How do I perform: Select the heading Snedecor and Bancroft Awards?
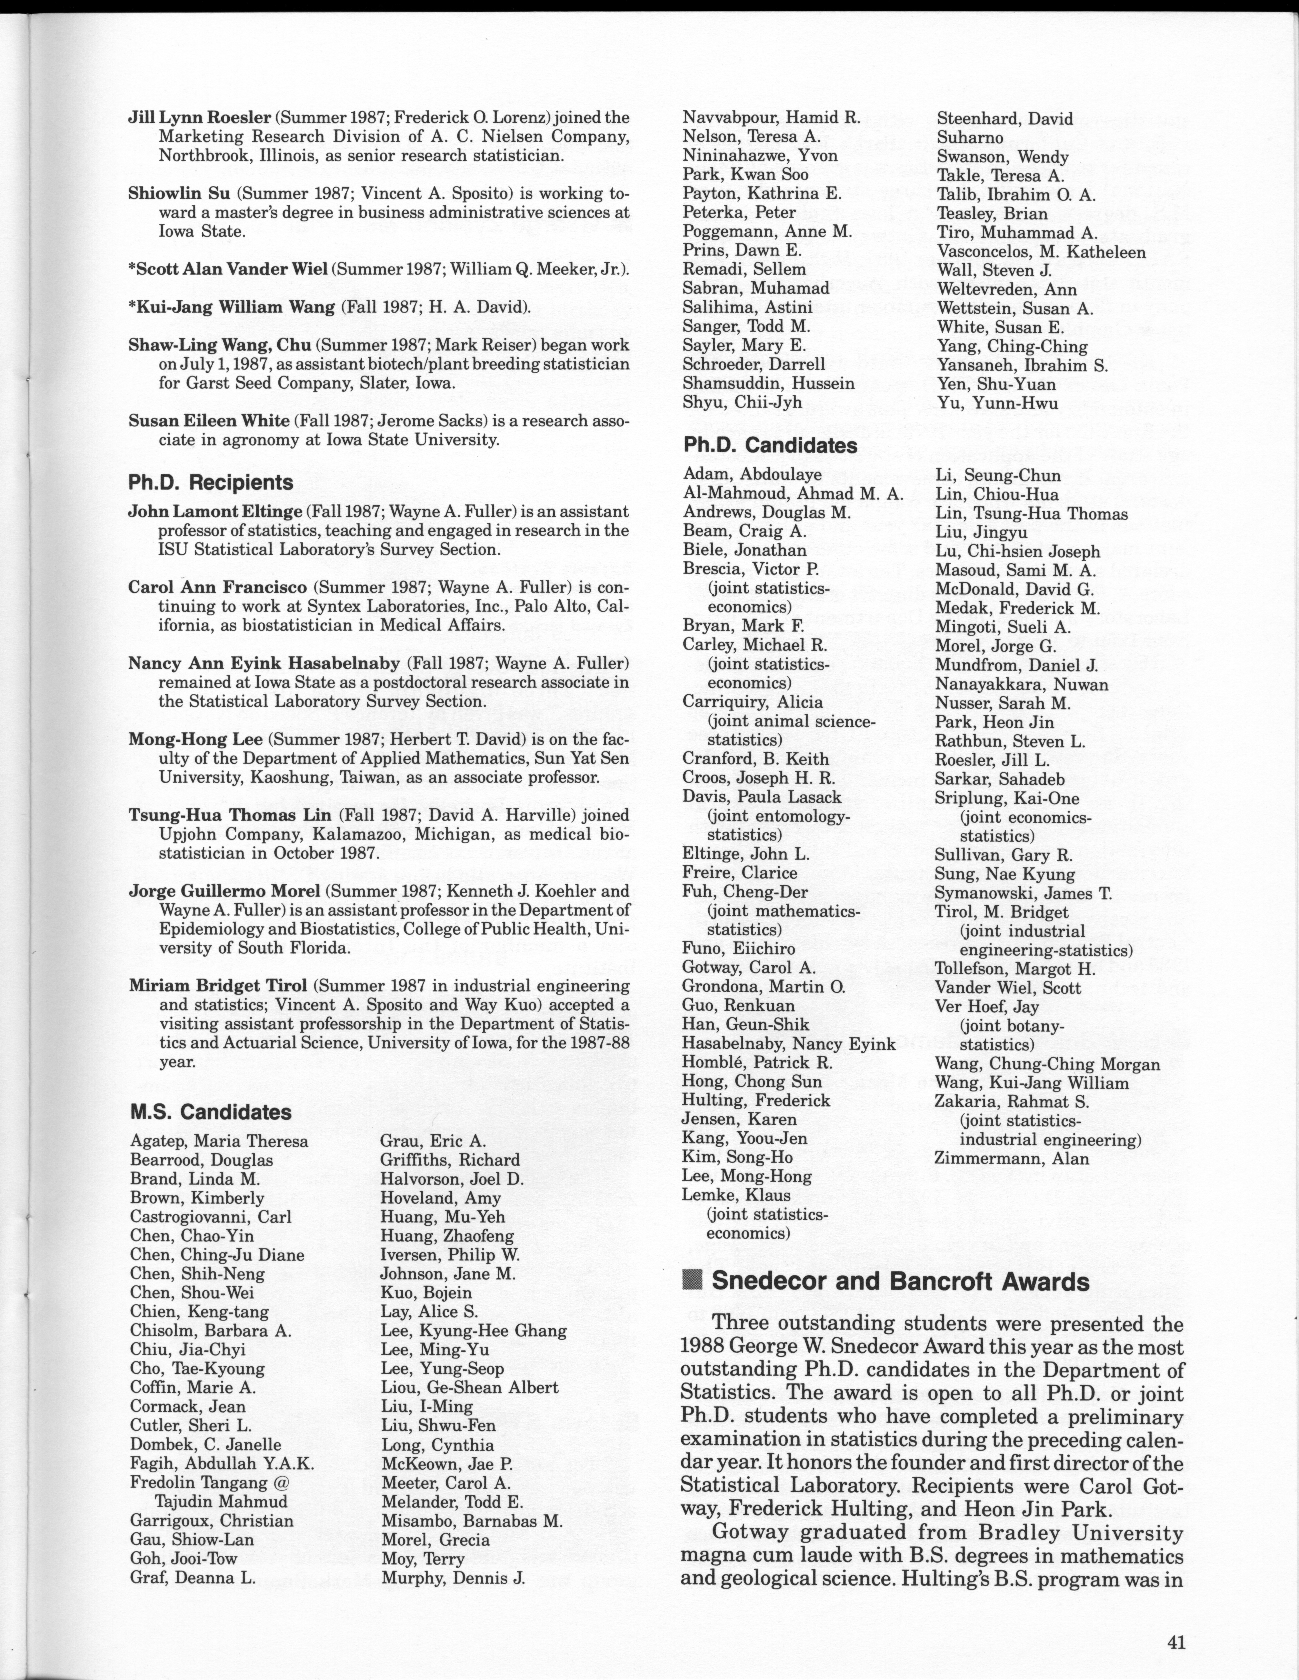[x=900, y=1282]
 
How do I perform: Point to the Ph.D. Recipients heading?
[x=211, y=482]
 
